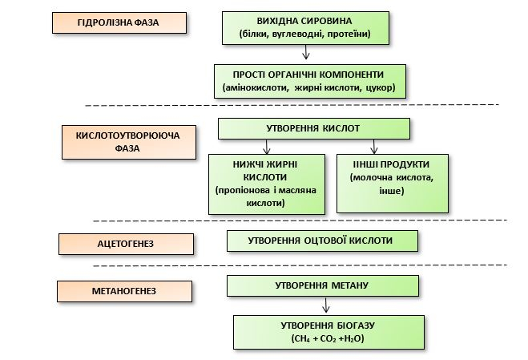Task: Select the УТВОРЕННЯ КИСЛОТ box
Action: pyautogui.click(x=313, y=129)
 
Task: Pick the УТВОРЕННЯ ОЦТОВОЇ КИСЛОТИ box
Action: pyautogui.click(x=322, y=241)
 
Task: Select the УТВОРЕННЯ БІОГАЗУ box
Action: pyautogui.click(x=328, y=331)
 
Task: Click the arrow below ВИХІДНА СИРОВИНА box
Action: pyautogui.click(x=306, y=53)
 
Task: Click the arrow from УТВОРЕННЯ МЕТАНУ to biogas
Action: pyautogui.click(x=325, y=306)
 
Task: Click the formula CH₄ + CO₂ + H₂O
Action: pyautogui.click(x=328, y=339)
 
